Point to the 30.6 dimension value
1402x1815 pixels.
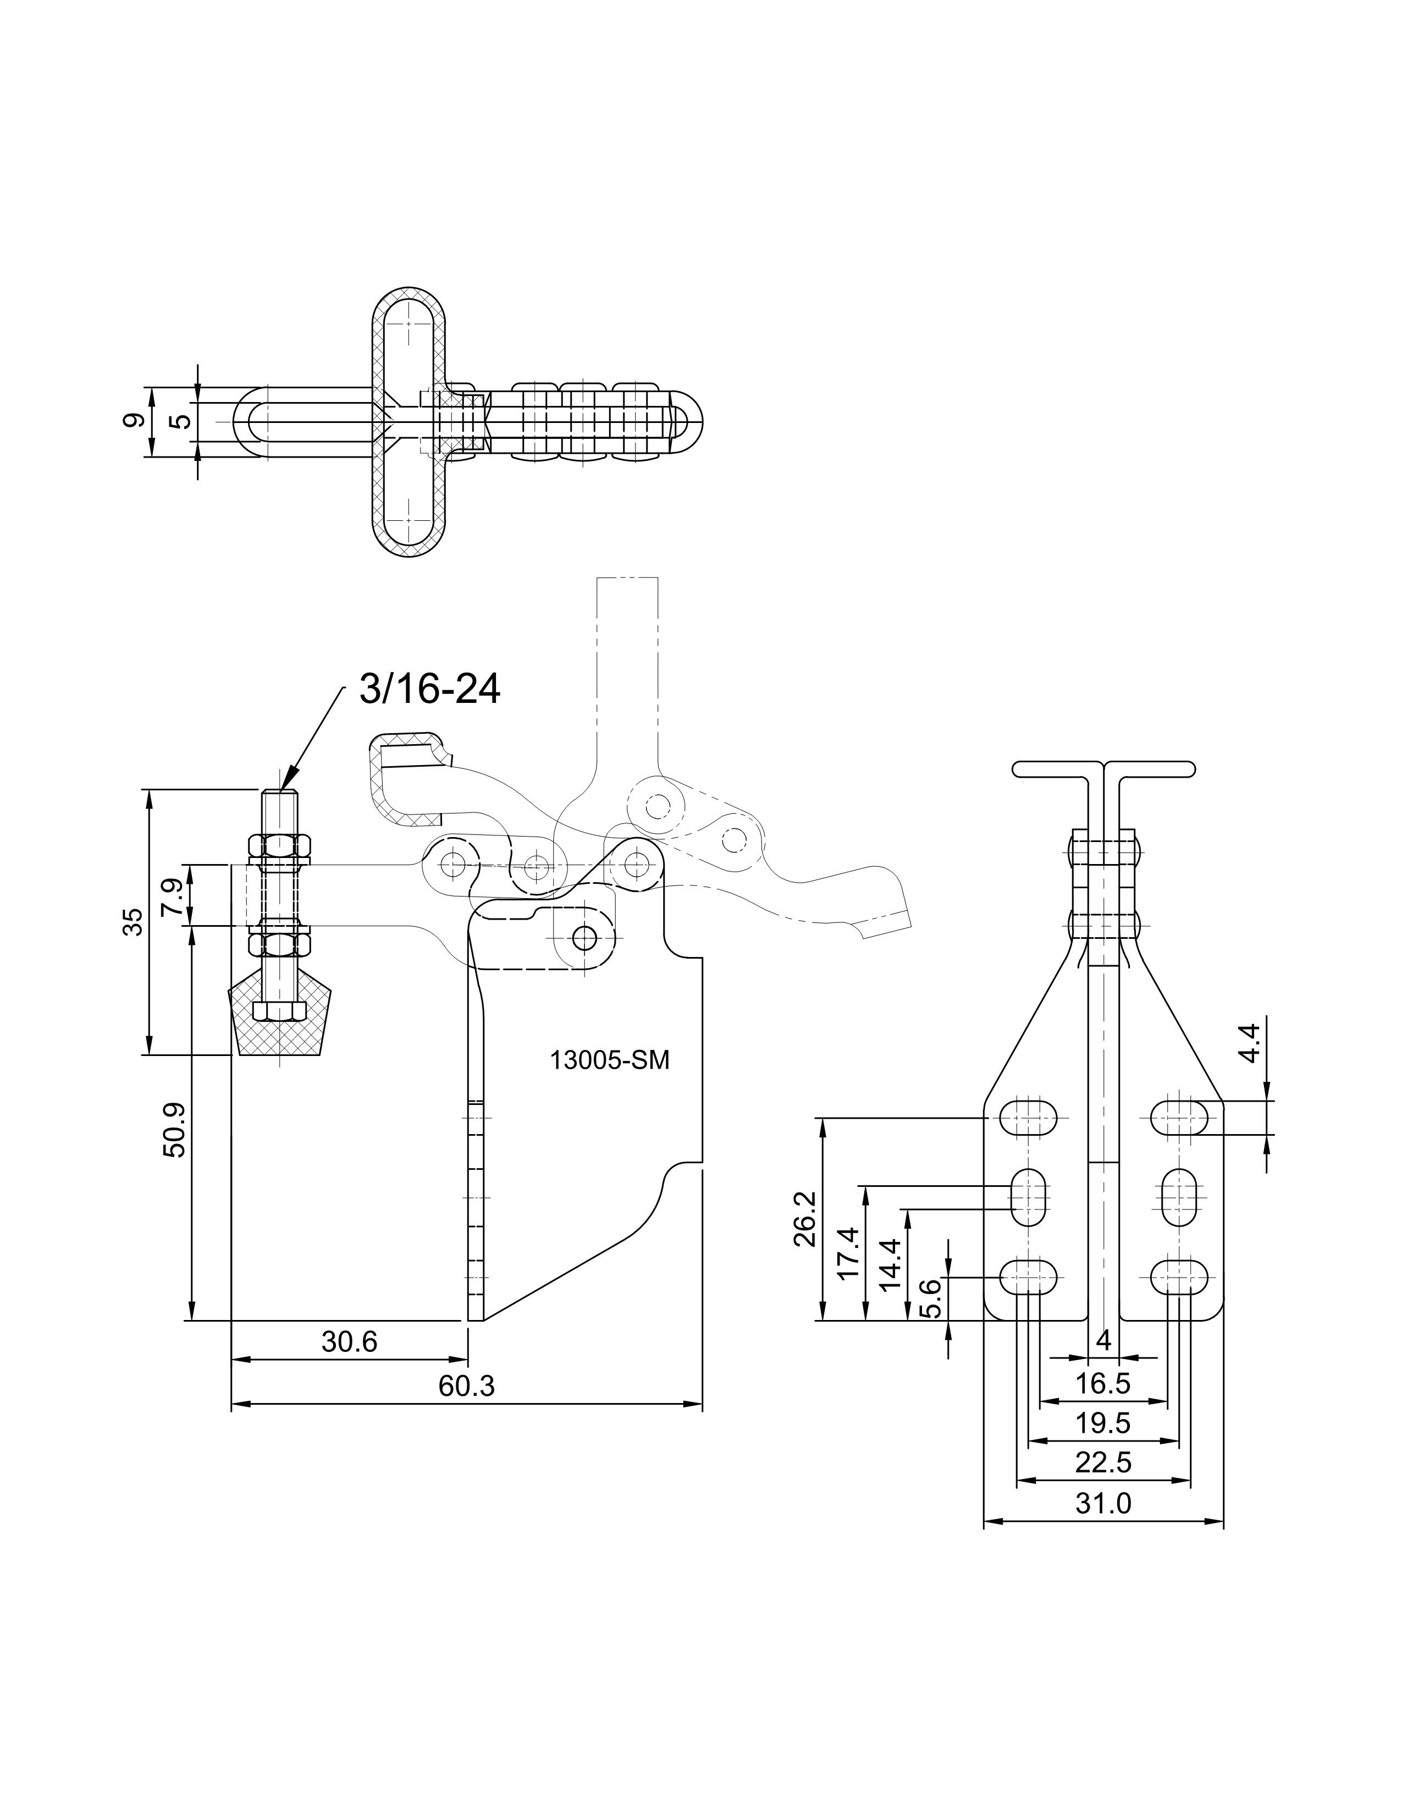click(350, 1341)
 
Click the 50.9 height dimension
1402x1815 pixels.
click(176, 1130)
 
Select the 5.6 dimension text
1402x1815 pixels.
click(932, 1298)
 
